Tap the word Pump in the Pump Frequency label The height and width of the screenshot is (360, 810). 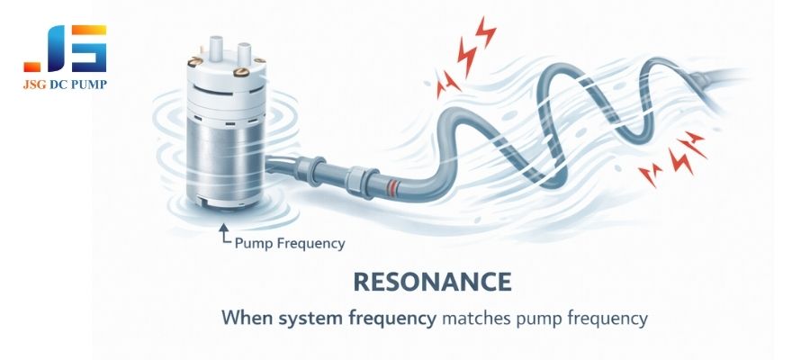(x=254, y=243)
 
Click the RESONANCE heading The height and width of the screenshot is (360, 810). (x=431, y=281)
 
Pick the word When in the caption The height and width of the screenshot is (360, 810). (x=245, y=318)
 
